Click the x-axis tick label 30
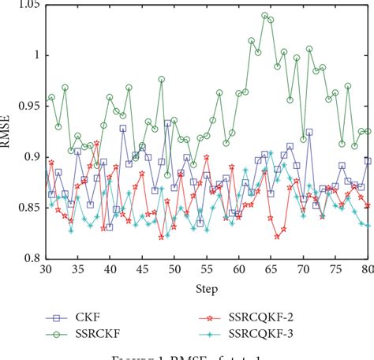(46, 269)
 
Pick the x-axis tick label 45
(143, 269)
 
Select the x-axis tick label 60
(239, 269)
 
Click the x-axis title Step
(207, 289)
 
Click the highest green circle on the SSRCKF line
(265, 15)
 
